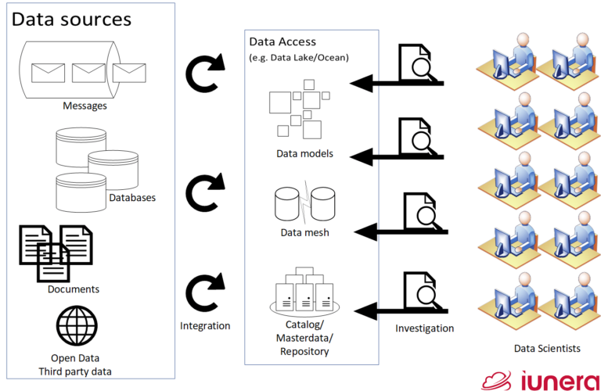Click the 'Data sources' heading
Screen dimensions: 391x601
click(x=71, y=19)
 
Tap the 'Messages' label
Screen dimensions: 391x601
click(x=85, y=104)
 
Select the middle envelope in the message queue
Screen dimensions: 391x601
click(x=88, y=73)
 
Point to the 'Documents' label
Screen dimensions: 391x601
click(x=74, y=289)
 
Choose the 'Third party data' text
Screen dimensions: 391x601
click(x=76, y=371)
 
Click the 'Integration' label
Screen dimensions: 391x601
click(x=204, y=326)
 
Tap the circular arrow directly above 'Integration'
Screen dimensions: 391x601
click(x=204, y=292)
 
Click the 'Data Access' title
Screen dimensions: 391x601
click(x=283, y=41)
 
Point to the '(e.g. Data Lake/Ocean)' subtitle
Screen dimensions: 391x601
click(x=297, y=58)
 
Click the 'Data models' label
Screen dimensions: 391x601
click(x=304, y=153)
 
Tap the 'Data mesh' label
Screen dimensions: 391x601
click(x=304, y=232)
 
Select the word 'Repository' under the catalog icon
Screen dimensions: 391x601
click(x=304, y=352)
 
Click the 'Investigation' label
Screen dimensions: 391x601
click(x=424, y=328)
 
